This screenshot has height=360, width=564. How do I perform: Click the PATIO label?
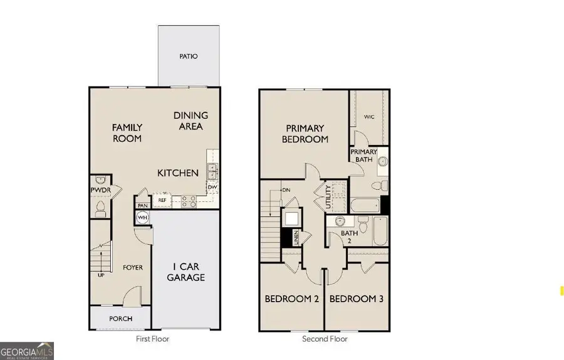[x=189, y=56]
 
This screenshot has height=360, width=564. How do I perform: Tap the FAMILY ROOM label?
[x=127, y=133]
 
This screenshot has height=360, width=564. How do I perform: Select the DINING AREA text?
[x=191, y=120]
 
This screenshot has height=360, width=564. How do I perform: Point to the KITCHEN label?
[x=177, y=172]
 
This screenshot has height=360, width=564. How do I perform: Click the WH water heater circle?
[x=142, y=218]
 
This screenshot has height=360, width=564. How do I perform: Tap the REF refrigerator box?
[x=162, y=201]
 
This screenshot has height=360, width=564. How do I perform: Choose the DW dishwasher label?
[x=212, y=186]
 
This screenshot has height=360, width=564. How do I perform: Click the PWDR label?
[x=100, y=189]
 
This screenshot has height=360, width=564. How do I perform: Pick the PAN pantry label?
[x=143, y=205]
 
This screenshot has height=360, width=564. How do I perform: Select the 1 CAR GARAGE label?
[x=186, y=272]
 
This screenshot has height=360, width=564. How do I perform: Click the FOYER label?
[x=132, y=268]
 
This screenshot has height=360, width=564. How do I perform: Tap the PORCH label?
[x=120, y=319]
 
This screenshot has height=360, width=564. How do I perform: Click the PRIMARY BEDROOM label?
[x=305, y=134]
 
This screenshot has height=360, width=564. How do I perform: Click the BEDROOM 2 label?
[x=291, y=299]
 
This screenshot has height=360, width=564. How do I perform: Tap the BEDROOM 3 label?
[x=356, y=299]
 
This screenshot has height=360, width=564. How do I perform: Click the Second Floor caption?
[x=325, y=339]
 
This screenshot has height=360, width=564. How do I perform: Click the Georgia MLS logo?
[x=27, y=351]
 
